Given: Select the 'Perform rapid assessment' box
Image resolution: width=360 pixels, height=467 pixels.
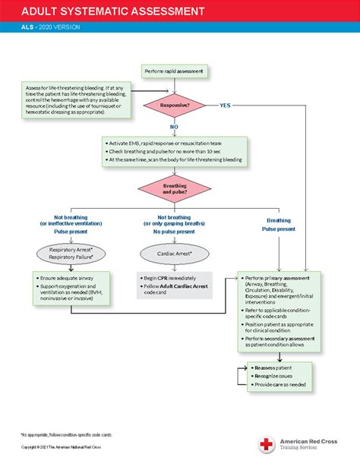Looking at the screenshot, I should (x=174, y=71).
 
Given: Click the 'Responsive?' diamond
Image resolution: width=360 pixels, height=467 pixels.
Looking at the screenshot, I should (x=174, y=104).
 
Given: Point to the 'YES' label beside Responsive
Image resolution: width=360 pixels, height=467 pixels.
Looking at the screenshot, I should (x=225, y=104).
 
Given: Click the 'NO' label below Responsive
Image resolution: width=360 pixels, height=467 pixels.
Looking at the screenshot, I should (x=174, y=127).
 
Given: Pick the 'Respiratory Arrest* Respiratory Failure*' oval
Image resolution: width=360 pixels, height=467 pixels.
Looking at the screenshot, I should (x=71, y=253).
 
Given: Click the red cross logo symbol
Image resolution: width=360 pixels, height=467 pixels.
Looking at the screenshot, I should (x=266, y=444).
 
